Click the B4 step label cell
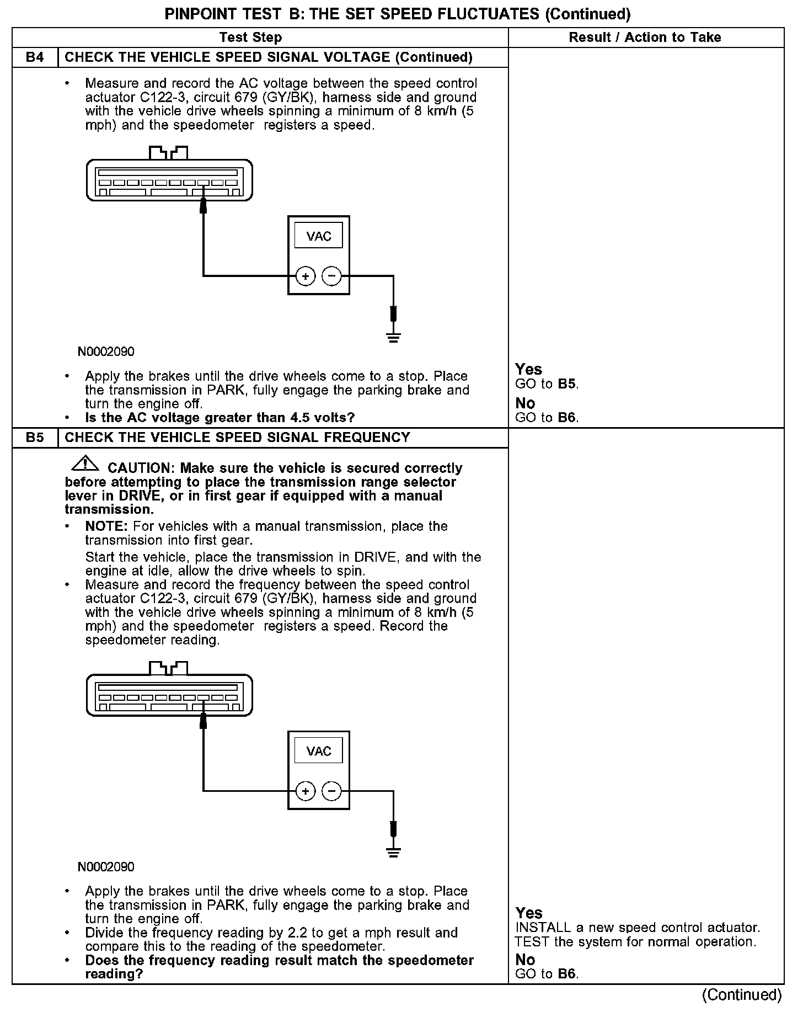coord(35,57)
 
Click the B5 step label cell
coord(35,438)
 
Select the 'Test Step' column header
coord(250,38)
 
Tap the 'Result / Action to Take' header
coord(645,38)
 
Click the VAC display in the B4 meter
coord(318,236)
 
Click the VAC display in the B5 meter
coord(318,751)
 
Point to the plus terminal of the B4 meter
coord(305,276)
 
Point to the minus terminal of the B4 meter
coord(331,276)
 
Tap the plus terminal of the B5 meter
coord(305,791)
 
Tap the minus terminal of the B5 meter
coord(331,791)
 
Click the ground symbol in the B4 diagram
coord(393,337)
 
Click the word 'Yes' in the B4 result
coord(528,369)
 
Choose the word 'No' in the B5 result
coord(525,960)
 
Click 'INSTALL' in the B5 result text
coord(543,928)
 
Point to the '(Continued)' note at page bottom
coord(742,995)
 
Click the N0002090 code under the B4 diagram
coord(106,351)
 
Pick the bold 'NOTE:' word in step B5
coord(106,526)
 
